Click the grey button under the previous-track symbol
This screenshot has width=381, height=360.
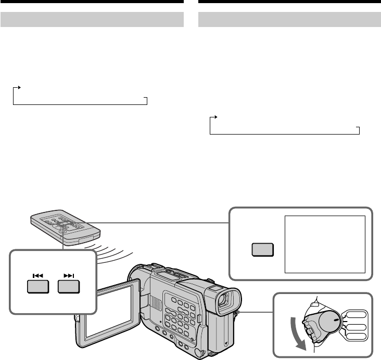click(38, 287)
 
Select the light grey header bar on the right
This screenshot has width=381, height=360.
click(290, 20)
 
